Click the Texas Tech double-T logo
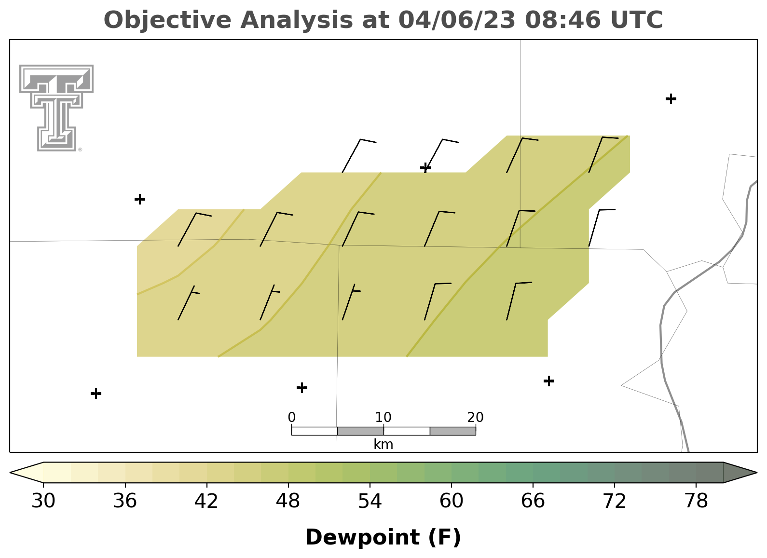point(56,108)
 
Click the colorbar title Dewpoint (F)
point(383,537)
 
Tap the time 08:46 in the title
point(563,20)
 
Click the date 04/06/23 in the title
point(457,20)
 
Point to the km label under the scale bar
point(383,444)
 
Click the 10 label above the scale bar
point(383,417)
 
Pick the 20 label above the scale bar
point(475,417)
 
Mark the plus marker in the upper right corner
point(671,99)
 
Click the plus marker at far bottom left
point(96,394)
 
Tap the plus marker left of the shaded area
point(140,199)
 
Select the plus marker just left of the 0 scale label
point(301,388)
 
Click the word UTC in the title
point(637,20)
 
